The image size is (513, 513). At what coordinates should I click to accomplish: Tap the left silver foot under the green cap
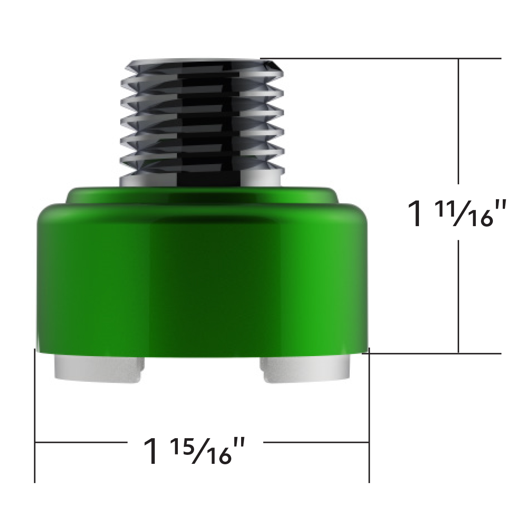(99, 369)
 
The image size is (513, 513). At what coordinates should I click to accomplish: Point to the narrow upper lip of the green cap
(201, 195)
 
